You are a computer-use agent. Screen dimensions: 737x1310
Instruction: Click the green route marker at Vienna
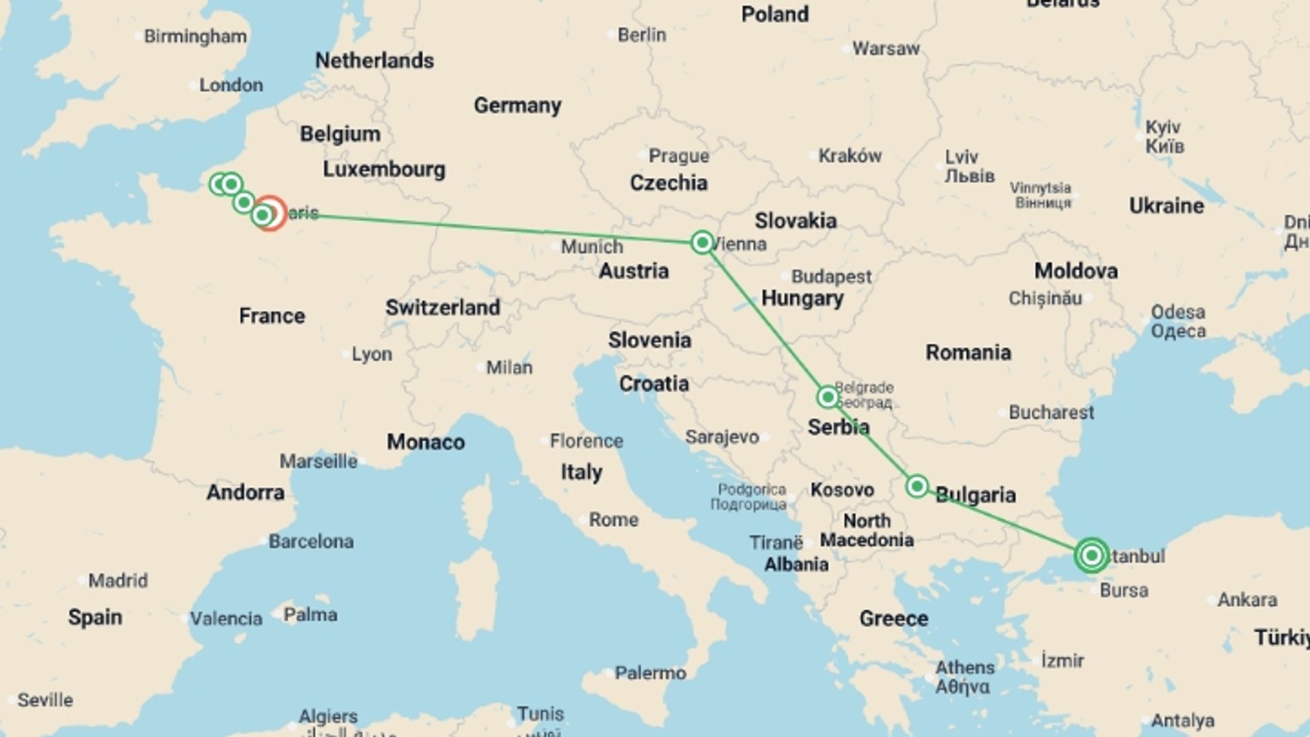tap(702, 242)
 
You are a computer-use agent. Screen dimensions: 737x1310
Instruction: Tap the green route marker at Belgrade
tap(828, 397)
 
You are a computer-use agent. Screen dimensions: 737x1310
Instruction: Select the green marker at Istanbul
tap(1091, 555)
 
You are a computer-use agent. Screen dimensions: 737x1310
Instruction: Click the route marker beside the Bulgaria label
tap(917, 486)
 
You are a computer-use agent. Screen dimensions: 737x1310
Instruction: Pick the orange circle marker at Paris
tap(271, 213)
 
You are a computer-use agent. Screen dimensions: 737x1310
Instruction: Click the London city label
tap(231, 85)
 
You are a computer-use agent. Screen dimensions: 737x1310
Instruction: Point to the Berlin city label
tap(641, 35)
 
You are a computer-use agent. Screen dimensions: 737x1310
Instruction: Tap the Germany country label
tap(517, 105)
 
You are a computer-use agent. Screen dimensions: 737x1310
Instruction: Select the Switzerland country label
tap(442, 307)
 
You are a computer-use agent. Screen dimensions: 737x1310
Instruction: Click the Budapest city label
tap(831, 276)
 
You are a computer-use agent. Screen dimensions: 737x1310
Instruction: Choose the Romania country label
tap(968, 352)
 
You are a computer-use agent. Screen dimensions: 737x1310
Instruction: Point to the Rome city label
tap(613, 519)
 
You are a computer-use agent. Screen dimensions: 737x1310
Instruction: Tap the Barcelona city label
tap(310, 541)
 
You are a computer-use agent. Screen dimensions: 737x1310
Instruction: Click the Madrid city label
tap(118, 581)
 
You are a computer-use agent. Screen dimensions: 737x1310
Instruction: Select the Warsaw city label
tap(886, 48)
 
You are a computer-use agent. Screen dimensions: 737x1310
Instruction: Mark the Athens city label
tap(965, 667)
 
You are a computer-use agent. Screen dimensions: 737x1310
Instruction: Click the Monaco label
tap(426, 442)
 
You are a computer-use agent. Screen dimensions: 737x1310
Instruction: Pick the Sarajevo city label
tap(722, 437)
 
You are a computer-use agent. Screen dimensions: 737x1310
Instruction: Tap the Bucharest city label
tap(1051, 412)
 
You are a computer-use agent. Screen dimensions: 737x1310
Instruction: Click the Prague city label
tap(678, 156)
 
